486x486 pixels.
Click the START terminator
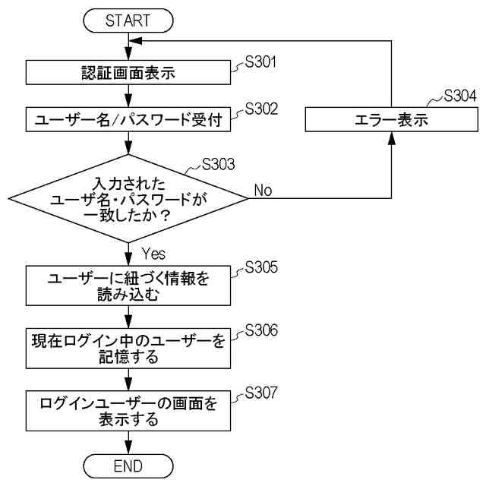128,21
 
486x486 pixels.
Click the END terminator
128,465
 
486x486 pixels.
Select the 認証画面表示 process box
128,73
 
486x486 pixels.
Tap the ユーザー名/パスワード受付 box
128,119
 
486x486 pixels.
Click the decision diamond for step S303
128,198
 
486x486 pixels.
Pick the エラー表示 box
391,119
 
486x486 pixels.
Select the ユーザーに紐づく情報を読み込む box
128,286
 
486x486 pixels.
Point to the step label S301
261,62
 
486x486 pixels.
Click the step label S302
261,109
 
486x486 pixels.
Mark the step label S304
460,96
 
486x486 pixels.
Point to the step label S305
261,267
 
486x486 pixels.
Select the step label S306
261,331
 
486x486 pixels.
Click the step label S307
261,393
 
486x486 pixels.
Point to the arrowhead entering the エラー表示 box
391,137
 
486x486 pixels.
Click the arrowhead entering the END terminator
128,450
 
